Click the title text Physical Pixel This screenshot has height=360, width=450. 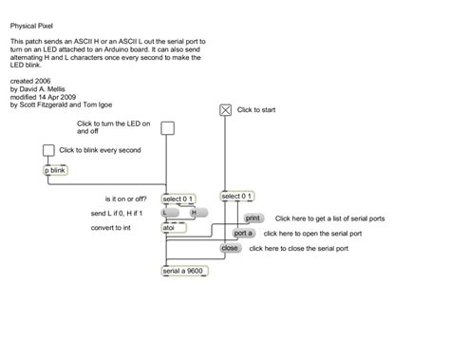[x=34, y=28]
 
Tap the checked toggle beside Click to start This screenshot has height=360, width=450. [x=226, y=110]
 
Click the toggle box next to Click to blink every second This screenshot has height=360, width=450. [x=48, y=150]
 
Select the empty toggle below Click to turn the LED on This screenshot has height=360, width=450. [x=168, y=129]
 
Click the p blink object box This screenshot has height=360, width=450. [x=56, y=171]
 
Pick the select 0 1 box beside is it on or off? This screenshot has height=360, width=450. [x=178, y=199]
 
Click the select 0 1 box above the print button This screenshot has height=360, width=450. [x=236, y=197]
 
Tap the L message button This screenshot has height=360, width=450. [x=171, y=214]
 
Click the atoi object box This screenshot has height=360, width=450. [x=169, y=228]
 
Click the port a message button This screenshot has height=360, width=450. [x=244, y=233]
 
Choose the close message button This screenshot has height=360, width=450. [x=230, y=248]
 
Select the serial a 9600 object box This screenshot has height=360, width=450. [x=183, y=271]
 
